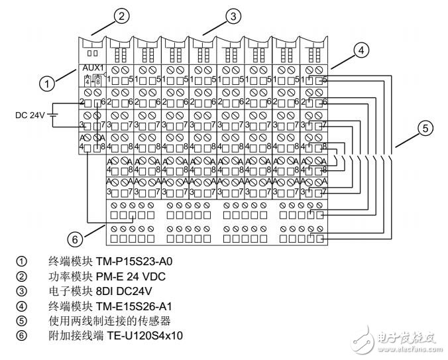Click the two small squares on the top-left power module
[x=93, y=52]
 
